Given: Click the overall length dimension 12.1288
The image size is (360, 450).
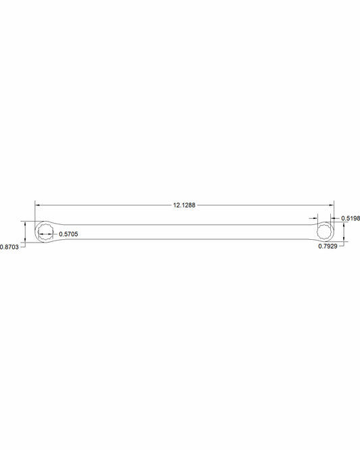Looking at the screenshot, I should click(184, 204).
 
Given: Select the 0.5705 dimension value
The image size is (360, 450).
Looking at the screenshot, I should click(69, 234).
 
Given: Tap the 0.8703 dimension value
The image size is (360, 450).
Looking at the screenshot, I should click(9, 247).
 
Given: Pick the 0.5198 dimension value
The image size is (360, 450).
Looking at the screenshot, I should click(350, 218).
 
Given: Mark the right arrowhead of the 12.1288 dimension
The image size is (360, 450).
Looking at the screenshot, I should click(331, 204).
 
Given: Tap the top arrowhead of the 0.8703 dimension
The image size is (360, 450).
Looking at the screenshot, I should click(25, 222).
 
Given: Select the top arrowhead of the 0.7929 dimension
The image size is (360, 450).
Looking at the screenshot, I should click(344, 225).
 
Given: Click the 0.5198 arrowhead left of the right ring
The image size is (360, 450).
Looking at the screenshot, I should click(315, 218).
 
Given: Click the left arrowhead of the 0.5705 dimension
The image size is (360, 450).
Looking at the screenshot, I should click(41, 234).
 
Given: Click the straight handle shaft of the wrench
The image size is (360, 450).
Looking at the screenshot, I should click(189, 230).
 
